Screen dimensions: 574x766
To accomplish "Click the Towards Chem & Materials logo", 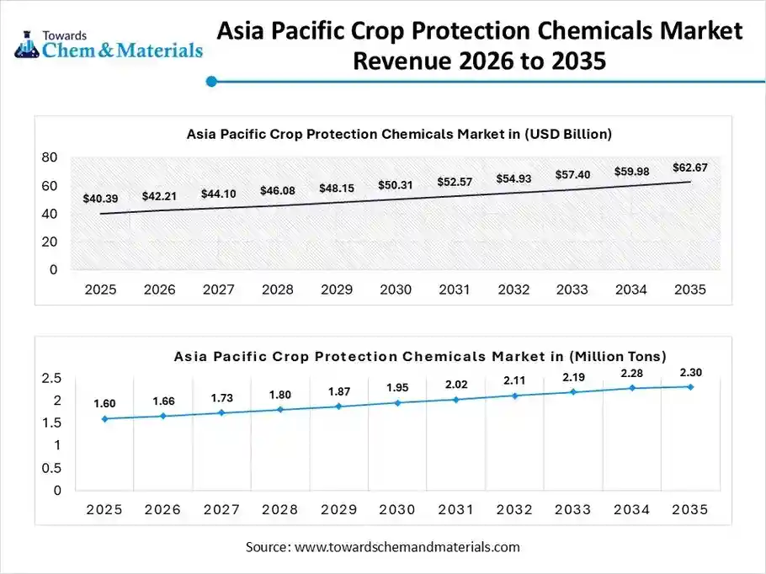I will click(109, 43).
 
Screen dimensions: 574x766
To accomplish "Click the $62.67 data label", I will click(690, 167).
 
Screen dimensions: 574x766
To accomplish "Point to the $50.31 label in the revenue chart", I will click(395, 185).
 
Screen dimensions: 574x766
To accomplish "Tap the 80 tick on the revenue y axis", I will click(49, 157).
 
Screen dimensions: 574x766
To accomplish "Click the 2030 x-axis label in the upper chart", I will click(395, 290).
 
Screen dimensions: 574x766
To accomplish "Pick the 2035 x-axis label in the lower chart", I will click(690, 510).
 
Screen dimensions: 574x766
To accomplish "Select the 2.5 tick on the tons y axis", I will click(51, 379).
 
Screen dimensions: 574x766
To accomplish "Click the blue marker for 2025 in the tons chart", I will click(104, 418).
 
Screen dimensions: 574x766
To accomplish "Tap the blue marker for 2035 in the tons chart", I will click(690, 387).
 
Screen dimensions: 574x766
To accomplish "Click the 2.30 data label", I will click(690, 372).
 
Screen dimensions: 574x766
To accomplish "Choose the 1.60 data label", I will click(104, 403).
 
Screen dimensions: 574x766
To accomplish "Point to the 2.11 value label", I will click(514, 380).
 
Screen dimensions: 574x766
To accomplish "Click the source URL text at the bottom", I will click(383, 547).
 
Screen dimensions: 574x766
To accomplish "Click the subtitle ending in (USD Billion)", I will click(398, 134).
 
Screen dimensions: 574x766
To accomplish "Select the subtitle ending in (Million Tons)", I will click(420, 356).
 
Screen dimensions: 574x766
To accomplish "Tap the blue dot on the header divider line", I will click(212, 82).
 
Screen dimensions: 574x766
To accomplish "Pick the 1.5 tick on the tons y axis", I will click(51, 423).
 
